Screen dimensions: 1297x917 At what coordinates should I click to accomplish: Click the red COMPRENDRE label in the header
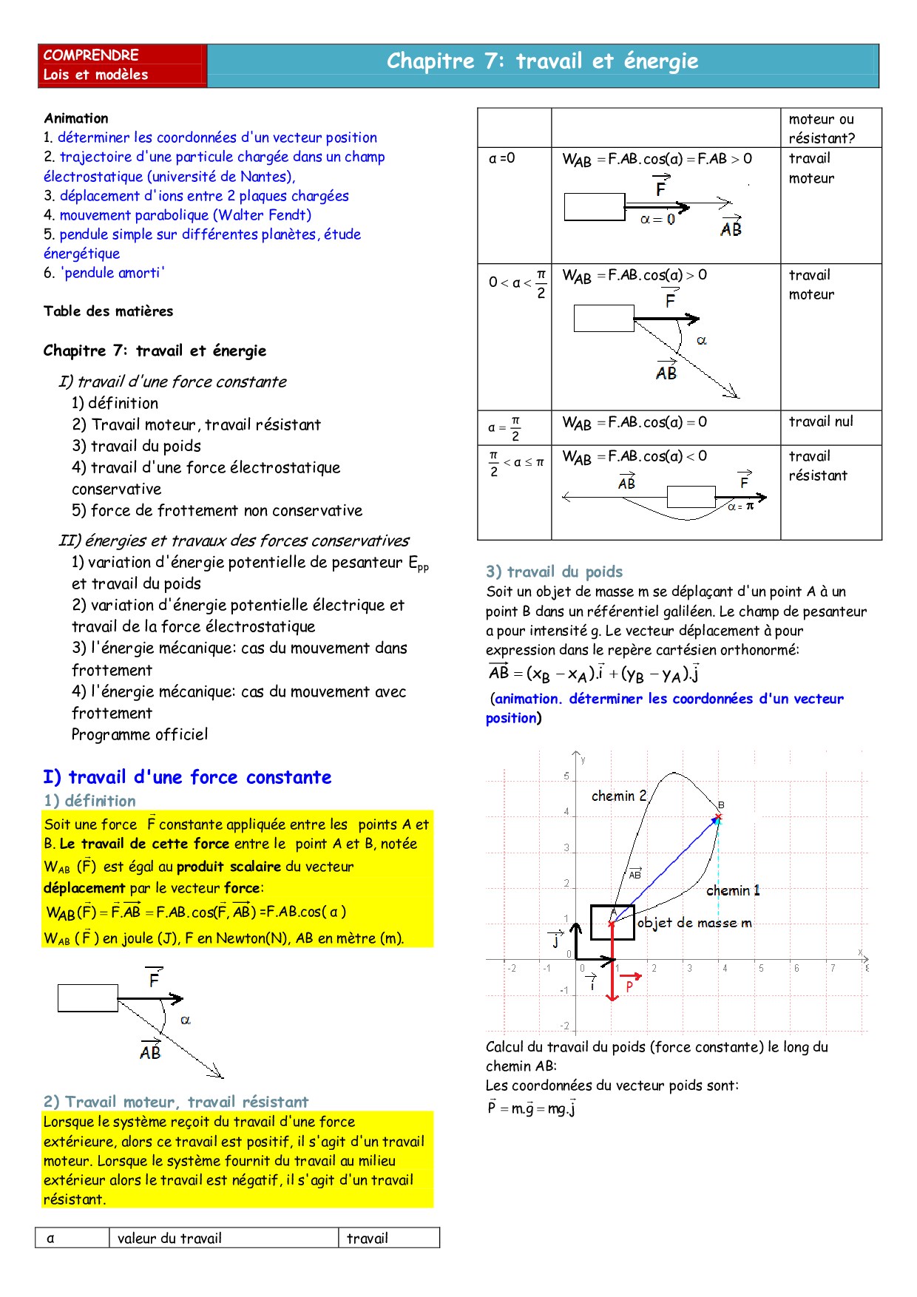coord(91,55)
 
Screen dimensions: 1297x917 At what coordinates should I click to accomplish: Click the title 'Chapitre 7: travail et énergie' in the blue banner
coord(542,61)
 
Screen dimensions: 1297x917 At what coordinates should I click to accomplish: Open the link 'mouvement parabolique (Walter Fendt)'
coord(185,215)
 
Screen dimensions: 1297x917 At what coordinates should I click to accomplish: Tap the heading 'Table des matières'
coord(108,311)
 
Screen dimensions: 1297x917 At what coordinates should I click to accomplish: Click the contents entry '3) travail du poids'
coord(136,446)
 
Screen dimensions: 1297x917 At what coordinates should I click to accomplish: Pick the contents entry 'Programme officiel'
coord(140,734)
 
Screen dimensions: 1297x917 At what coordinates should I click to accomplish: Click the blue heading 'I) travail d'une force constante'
coord(187,777)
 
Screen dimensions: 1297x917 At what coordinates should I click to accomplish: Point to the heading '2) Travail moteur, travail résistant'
coord(176,1102)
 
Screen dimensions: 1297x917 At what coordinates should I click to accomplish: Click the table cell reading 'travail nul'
coord(821,421)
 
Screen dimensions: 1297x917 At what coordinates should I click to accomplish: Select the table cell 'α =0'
coord(502,158)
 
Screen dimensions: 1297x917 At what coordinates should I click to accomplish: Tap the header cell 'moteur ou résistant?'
coord(821,129)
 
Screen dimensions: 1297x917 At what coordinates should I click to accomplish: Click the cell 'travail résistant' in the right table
coord(817,466)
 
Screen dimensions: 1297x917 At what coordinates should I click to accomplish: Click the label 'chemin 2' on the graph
coord(619,796)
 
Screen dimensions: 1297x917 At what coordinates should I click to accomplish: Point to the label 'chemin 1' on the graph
coord(733,890)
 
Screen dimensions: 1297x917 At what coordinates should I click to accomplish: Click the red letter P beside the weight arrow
coord(629,986)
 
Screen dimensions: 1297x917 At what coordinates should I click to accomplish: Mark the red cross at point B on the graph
coord(718,817)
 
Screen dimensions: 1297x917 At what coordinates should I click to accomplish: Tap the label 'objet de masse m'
coord(694,922)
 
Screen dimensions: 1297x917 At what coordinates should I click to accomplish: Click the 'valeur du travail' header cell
coord(169,1238)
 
